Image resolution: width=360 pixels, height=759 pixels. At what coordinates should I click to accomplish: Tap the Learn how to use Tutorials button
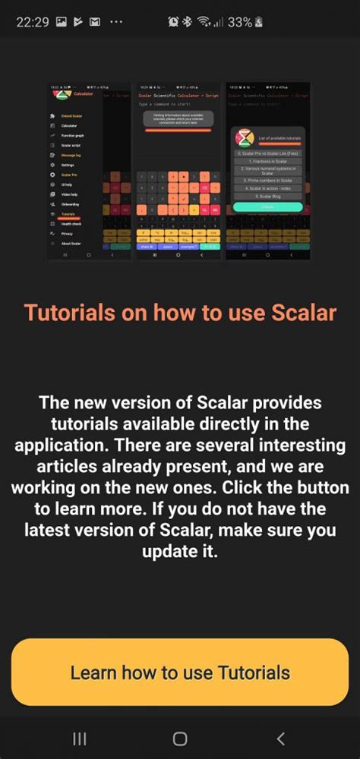(180, 672)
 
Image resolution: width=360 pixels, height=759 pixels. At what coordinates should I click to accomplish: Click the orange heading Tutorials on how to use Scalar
(180, 312)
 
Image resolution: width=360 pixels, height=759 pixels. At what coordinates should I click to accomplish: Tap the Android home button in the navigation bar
(180, 739)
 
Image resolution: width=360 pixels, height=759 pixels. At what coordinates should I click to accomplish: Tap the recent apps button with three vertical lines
(79, 739)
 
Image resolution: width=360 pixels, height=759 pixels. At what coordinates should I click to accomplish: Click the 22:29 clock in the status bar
(32, 22)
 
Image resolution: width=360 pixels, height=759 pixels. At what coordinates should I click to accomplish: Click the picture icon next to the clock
(62, 22)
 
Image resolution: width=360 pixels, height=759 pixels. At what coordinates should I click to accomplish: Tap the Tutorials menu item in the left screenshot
(69, 214)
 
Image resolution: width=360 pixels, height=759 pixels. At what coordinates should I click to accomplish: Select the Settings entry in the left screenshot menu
(68, 165)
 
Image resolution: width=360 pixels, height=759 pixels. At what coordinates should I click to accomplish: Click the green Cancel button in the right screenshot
(267, 206)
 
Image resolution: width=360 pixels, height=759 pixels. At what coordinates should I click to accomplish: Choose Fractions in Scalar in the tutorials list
(267, 162)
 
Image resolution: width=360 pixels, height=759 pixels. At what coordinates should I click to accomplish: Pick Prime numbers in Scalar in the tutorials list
(267, 181)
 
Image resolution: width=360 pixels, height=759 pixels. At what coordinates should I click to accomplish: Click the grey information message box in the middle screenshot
(179, 119)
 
